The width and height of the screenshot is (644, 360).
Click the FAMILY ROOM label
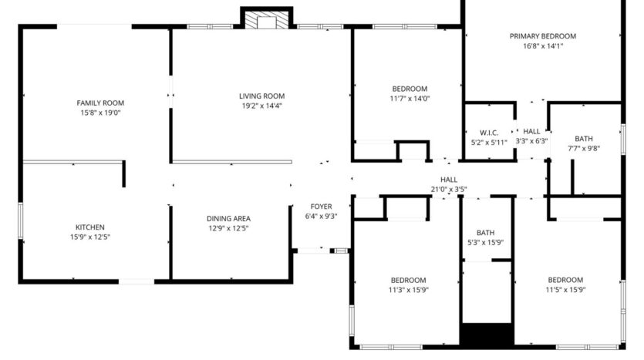(100, 103)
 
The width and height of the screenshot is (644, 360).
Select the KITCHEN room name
(89, 227)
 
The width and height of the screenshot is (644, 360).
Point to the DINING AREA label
(228, 218)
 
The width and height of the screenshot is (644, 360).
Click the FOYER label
(321, 207)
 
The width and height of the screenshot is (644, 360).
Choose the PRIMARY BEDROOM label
(542, 36)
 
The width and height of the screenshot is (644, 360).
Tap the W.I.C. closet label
(489, 133)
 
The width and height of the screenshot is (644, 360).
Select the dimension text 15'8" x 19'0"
(100, 113)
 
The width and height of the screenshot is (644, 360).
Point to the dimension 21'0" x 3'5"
(449, 189)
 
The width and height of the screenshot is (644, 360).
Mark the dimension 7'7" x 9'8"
(584, 149)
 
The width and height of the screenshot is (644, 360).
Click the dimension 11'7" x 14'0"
(409, 99)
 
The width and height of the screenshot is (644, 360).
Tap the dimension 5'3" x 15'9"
(485, 242)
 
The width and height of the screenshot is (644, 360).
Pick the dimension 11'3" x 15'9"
(407, 290)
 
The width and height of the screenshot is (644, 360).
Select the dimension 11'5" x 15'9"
(565, 290)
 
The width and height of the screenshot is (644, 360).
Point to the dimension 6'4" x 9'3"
(321, 217)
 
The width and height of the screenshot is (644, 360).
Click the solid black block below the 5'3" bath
(486, 335)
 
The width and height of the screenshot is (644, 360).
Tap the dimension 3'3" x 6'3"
(531, 141)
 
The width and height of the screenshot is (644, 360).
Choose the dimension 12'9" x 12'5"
(228, 228)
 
